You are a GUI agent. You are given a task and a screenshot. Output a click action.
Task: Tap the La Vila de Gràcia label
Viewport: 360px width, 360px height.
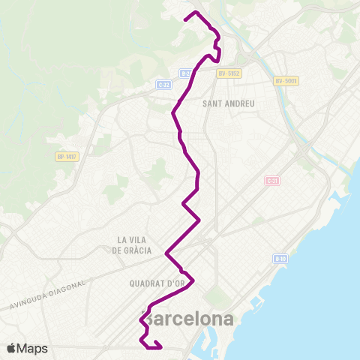click(132, 244)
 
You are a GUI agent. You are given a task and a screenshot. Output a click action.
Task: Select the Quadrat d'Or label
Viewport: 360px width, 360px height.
click(156, 284)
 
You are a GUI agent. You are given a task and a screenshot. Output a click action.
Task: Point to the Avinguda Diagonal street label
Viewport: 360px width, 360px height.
click(49, 298)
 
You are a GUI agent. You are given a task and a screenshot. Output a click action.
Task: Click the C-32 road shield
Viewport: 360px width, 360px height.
click(164, 85)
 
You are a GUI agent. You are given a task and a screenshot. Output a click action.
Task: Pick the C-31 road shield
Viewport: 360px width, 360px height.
click(272, 181)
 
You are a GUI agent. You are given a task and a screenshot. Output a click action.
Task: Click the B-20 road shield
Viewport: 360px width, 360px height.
click(185, 73)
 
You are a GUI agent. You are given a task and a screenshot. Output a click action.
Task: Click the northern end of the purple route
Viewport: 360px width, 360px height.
click(186, 18)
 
